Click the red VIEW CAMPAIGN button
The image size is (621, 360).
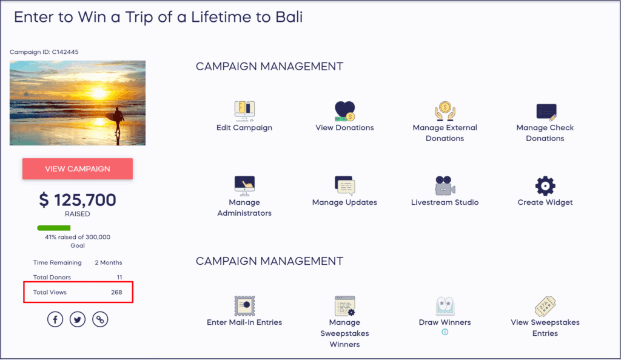[x=78, y=169]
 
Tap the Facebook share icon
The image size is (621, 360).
[x=55, y=319]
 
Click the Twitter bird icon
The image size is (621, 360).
[x=78, y=319]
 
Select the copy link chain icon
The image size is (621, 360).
[x=100, y=319]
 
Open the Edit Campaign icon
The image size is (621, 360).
[x=244, y=111]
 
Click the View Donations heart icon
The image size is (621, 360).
[x=344, y=111]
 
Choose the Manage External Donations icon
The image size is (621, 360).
[x=445, y=111]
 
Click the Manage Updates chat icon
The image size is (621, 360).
[x=344, y=185]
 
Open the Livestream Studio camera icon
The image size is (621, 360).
[x=445, y=185]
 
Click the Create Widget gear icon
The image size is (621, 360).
[x=545, y=185]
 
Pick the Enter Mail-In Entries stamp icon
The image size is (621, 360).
[x=244, y=305]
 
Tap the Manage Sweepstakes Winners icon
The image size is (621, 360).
[x=344, y=306]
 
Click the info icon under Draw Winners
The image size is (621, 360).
[x=445, y=332]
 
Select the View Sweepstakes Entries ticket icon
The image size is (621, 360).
[x=545, y=306]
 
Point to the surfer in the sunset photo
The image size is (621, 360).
[x=117, y=121]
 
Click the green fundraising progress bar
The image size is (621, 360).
[x=54, y=228]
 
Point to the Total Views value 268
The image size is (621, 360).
[x=116, y=292]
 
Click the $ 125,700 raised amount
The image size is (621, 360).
[x=78, y=200]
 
